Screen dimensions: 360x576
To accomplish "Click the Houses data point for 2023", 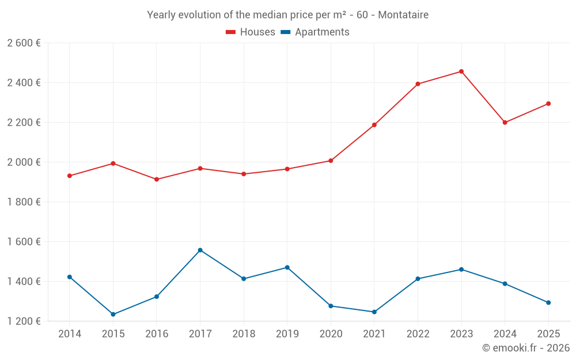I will point(461,71).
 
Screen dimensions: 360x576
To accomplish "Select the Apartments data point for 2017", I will point(200,250).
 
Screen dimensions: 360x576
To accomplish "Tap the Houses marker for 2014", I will point(70,176).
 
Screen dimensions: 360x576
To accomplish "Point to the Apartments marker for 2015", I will point(113,314).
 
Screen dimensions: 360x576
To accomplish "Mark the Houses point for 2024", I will point(505,123).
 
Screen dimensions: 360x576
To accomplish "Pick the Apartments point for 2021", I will point(374,312).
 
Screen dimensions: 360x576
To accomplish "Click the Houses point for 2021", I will point(374,125).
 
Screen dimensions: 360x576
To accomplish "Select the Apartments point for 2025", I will point(548,302).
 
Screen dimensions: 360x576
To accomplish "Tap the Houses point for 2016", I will point(157,179).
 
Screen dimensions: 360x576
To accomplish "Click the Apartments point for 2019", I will point(287,267).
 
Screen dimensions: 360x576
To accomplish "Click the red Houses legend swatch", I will point(230,32).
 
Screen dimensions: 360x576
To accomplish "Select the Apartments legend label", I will point(322,32).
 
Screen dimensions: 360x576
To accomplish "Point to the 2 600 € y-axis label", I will point(24,43).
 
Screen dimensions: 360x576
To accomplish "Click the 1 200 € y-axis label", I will point(24,321).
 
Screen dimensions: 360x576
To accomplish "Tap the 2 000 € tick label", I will point(24,162).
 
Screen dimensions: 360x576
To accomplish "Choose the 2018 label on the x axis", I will point(244,334).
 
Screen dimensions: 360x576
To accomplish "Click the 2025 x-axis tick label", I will point(548,334).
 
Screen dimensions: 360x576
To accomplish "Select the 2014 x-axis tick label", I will point(70,334).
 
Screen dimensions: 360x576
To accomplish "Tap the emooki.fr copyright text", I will point(525,348).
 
